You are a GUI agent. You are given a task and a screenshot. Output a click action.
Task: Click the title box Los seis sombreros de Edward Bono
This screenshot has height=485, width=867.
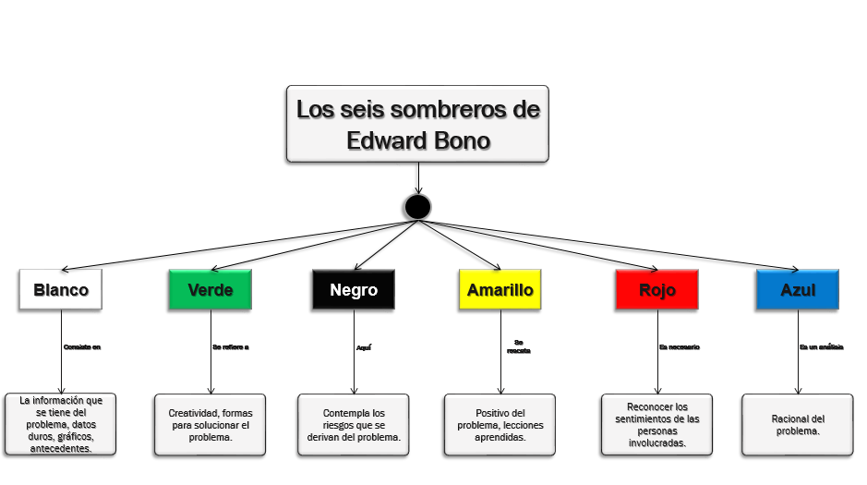click(x=417, y=124)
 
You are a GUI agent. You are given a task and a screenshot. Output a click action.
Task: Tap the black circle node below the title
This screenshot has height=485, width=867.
click(x=417, y=207)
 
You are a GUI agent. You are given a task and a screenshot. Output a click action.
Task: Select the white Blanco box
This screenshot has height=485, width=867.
click(x=61, y=289)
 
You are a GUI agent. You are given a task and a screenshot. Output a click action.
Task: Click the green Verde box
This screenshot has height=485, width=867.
click(x=211, y=289)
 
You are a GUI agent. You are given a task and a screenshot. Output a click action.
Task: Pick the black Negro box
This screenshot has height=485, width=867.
click(x=354, y=289)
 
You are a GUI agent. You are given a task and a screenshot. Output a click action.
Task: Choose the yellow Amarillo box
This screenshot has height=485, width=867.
click(x=500, y=289)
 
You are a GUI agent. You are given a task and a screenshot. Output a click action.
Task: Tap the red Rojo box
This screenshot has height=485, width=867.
click(x=657, y=289)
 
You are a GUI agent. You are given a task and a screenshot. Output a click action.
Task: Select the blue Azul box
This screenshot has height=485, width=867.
click(x=798, y=289)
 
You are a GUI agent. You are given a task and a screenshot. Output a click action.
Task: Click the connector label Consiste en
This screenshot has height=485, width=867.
click(x=82, y=347)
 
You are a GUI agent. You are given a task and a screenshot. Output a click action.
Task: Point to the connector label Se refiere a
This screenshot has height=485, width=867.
click(x=231, y=347)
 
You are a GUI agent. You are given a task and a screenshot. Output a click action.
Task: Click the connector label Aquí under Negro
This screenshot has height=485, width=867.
click(x=364, y=347)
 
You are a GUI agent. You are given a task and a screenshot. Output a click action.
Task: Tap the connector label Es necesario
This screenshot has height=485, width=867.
click(x=679, y=347)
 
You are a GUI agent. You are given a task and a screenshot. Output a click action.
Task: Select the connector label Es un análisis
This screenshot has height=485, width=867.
click(x=821, y=347)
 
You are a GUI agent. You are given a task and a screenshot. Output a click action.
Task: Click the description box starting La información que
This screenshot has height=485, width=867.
click(x=61, y=424)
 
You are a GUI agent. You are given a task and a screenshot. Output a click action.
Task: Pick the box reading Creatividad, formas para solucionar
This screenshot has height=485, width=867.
click(x=210, y=425)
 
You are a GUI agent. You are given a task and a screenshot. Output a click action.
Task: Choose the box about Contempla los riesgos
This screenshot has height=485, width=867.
click(x=354, y=425)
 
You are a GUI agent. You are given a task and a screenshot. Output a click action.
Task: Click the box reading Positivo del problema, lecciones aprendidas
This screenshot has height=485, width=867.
click(x=500, y=425)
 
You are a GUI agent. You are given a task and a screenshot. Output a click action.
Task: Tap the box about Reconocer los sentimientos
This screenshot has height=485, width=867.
click(x=656, y=425)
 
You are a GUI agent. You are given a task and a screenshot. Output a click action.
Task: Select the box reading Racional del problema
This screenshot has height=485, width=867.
click(x=798, y=425)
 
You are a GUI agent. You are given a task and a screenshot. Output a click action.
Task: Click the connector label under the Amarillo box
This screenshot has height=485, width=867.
click(x=519, y=346)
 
